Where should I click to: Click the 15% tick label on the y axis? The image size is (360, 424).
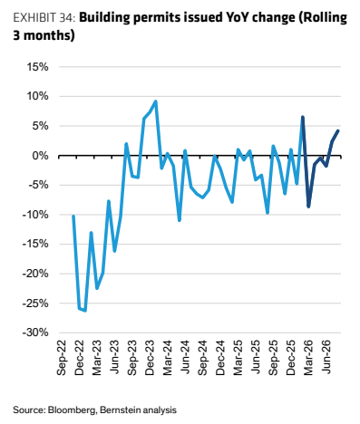pyautogui.click(x=37, y=67)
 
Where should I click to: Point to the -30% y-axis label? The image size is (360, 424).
pyautogui.click(x=35, y=332)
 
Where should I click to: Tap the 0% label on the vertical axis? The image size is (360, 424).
pyautogui.click(x=41, y=156)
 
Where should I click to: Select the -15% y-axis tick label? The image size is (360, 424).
pyautogui.click(x=35, y=244)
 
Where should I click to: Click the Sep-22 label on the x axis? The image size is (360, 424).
pyautogui.click(x=62, y=358)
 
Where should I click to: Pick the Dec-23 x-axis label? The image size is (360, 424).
pyautogui.click(x=150, y=358)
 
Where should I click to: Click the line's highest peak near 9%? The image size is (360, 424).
pyautogui.click(x=156, y=101)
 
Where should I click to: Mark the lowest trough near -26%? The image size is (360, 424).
pyautogui.click(x=85, y=310)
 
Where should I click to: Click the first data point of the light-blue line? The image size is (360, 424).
pyautogui.click(x=73, y=216)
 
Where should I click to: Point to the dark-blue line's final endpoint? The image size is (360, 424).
pyautogui.click(x=338, y=130)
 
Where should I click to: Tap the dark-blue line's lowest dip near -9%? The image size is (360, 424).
pyautogui.click(x=308, y=207)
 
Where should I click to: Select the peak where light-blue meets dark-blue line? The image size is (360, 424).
pyautogui.click(x=302, y=117)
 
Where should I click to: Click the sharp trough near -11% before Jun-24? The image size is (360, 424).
pyautogui.click(x=180, y=220)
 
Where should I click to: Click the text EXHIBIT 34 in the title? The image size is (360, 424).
pyautogui.click(x=44, y=18)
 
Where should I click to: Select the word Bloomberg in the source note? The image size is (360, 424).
pyautogui.click(x=72, y=410)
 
